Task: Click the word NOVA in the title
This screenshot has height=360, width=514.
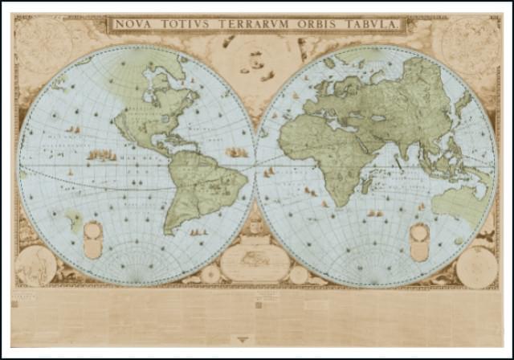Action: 133,24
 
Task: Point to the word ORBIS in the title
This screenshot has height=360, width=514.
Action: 321,24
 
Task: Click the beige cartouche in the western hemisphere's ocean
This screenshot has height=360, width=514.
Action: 93,239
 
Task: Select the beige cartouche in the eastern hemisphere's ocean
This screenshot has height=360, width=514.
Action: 419,241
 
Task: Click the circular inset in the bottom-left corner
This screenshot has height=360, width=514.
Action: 35,265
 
